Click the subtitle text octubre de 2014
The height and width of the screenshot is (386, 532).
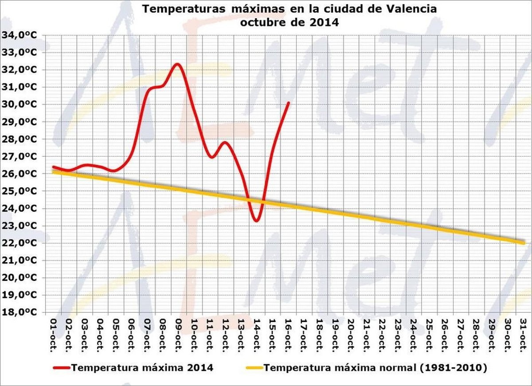289,22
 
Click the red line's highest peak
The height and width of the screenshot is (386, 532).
177,64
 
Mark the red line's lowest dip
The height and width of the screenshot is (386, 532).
256,221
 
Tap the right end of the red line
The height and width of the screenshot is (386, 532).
289,103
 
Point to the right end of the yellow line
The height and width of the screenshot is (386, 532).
524,243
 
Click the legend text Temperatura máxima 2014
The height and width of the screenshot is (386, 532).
142,367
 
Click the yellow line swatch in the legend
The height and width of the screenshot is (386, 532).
253,368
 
